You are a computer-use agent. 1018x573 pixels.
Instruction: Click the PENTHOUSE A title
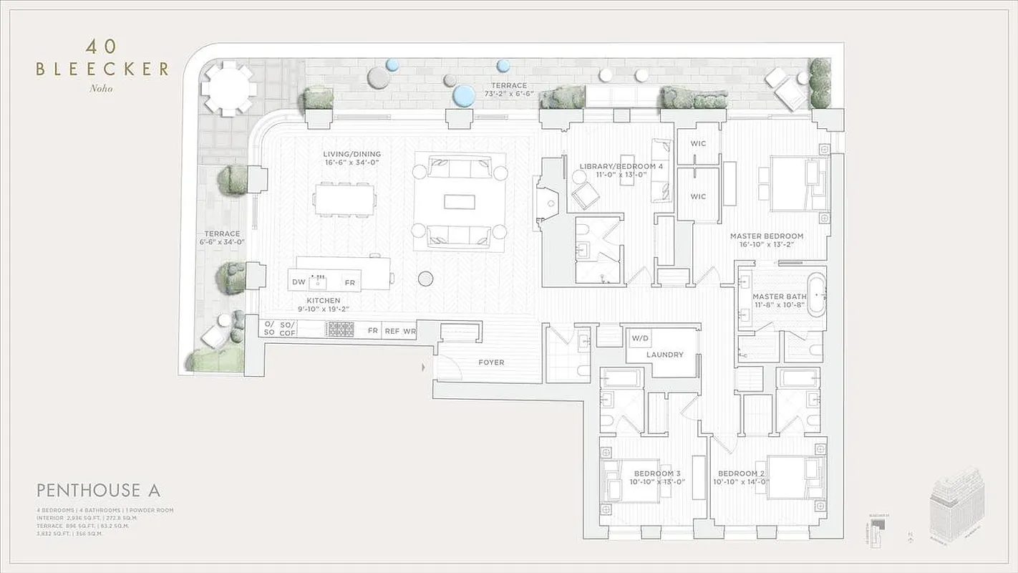click(x=98, y=490)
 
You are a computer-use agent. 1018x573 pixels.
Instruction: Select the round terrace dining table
click(x=228, y=89)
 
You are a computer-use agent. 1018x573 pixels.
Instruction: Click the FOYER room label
click(x=491, y=362)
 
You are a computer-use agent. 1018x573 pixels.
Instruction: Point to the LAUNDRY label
click(x=664, y=355)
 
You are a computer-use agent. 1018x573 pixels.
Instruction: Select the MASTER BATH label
click(x=779, y=297)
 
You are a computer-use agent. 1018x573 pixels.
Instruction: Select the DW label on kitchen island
click(x=299, y=283)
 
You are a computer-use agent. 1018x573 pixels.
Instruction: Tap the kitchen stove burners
click(x=341, y=329)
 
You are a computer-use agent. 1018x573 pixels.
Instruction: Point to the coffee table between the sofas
click(x=459, y=202)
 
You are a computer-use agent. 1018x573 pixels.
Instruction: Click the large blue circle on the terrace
click(x=462, y=95)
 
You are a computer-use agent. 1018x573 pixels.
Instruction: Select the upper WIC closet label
click(x=698, y=144)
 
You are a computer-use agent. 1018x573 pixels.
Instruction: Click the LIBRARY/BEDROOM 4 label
click(x=621, y=167)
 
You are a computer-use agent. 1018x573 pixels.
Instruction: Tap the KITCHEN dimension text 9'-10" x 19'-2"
click(x=324, y=309)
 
